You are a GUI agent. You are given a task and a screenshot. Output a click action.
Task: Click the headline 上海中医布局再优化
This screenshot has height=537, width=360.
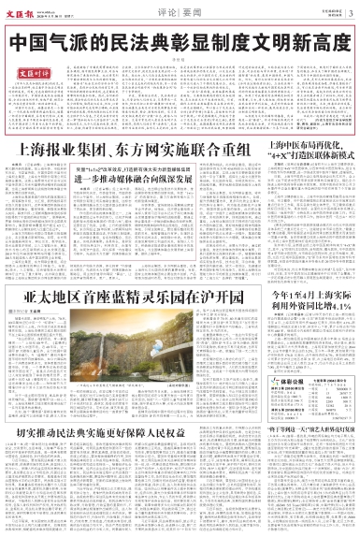coord(308,146)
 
